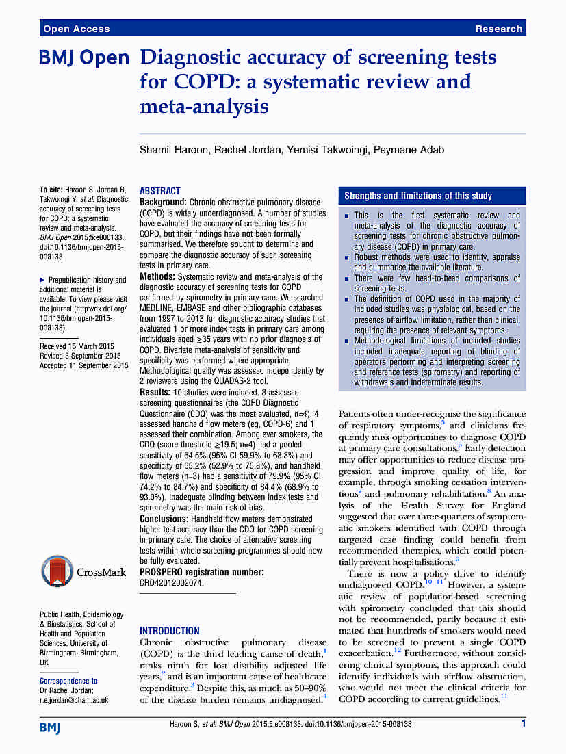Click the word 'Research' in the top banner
click(x=498, y=29)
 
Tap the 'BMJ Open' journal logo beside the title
click(x=84, y=59)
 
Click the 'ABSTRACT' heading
click(x=160, y=191)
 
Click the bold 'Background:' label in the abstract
click(x=163, y=203)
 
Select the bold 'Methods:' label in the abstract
click(x=157, y=277)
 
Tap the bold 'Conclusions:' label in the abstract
click(x=165, y=519)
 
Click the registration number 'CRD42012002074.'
click(x=172, y=582)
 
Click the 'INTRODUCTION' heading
click(x=170, y=631)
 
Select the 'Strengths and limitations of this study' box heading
click(x=418, y=196)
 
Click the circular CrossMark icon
click(x=56, y=572)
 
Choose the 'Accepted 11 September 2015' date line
click(x=84, y=365)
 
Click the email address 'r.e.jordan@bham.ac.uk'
click(x=74, y=700)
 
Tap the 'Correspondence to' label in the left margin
click(x=68, y=681)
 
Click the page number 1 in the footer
click(x=524, y=723)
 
